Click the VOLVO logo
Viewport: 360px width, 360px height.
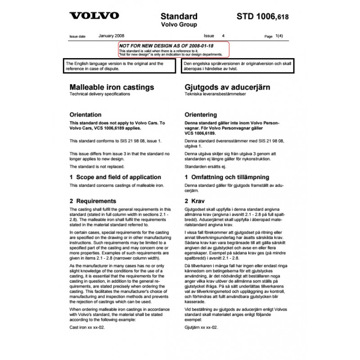(94, 16)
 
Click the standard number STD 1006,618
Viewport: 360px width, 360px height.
(263, 17)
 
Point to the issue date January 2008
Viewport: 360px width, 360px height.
(112, 35)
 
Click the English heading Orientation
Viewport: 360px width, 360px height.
(86, 115)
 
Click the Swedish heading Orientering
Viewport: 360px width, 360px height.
(201, 115)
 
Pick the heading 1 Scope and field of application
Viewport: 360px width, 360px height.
(113, 177)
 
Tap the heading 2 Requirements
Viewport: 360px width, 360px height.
(94, 201)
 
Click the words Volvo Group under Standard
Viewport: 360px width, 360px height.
(179, 25)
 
